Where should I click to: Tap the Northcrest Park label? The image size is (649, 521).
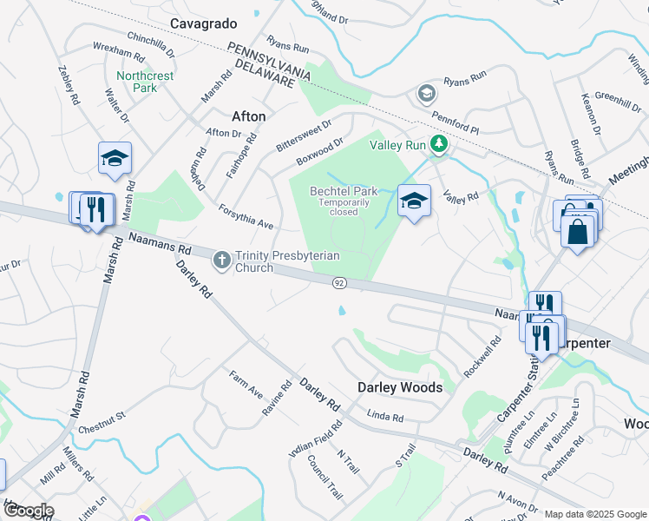(145, 82)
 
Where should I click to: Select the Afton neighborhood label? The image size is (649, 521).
(249, 115)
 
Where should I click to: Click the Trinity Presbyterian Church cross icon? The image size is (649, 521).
(221, 257)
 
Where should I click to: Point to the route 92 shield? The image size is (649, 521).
(339, 283)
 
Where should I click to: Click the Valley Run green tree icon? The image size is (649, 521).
(440, 145)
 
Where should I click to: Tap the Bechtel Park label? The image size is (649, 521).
(344, 191)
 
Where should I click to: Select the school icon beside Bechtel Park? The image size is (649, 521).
(415, 201)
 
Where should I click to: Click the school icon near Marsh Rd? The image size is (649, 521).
(115, 158)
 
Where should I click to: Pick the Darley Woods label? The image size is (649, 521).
(400, 387)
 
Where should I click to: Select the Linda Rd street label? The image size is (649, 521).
(385, 418)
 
